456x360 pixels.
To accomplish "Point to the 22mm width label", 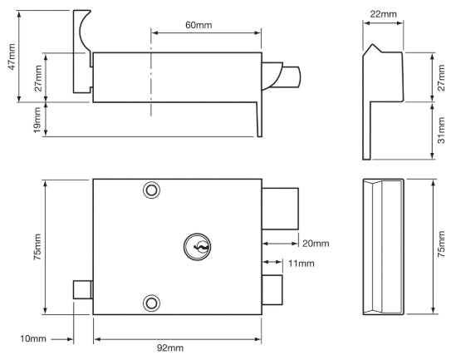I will [382, 14].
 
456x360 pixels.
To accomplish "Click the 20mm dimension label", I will [315, 243].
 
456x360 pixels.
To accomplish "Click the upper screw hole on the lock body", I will [150, 190].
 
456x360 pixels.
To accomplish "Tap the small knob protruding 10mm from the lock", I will [82, 290].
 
